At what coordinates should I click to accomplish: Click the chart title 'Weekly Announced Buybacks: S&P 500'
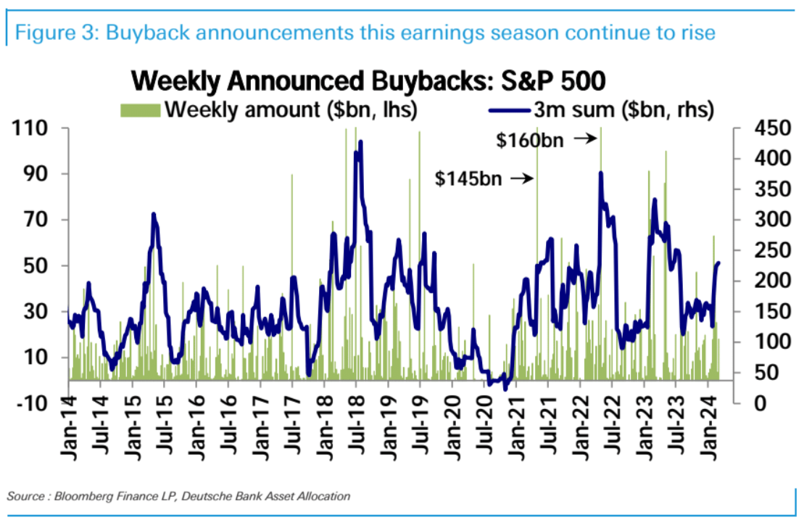368,81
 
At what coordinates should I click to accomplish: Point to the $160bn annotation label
529,140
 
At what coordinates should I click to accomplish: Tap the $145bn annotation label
468,178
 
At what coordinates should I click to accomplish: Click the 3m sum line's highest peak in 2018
360,142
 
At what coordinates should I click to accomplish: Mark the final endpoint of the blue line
718,263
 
